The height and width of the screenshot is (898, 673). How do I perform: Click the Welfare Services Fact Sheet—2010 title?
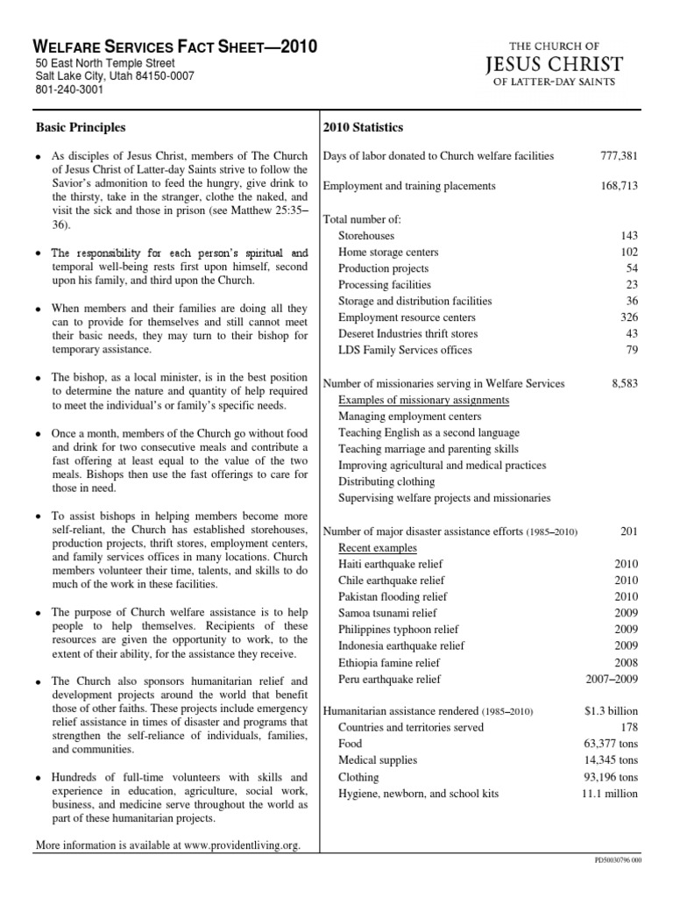pos(175,47)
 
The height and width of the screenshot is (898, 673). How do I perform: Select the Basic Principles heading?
pos(81,127)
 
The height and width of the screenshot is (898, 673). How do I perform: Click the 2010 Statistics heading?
pos(364,127)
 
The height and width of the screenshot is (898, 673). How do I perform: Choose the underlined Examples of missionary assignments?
pos(424,400)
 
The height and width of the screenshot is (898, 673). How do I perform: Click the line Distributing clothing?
pos(386,481)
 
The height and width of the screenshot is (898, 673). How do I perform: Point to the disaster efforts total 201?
pos(628,531)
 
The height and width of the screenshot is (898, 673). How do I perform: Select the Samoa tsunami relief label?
pos(387,613)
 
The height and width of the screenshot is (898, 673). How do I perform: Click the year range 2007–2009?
pos(612,679)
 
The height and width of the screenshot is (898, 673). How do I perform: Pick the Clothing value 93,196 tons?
pos(611,777)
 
